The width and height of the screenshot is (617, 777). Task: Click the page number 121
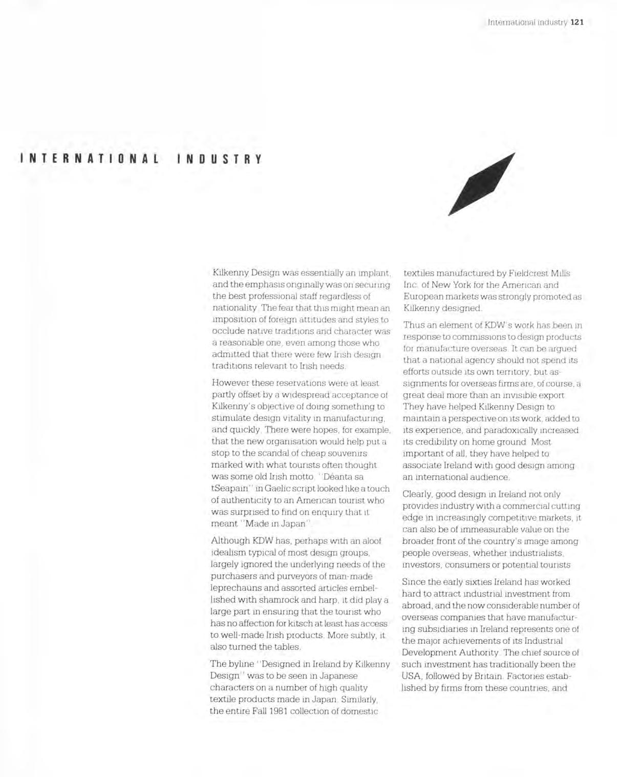point(577,22)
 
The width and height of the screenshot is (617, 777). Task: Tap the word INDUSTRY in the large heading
point(219,159)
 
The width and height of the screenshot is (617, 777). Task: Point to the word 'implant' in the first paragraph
point(376,273)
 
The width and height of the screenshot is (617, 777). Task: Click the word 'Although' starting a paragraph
point(230,541)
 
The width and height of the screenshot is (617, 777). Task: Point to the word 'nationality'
point(230,308)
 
